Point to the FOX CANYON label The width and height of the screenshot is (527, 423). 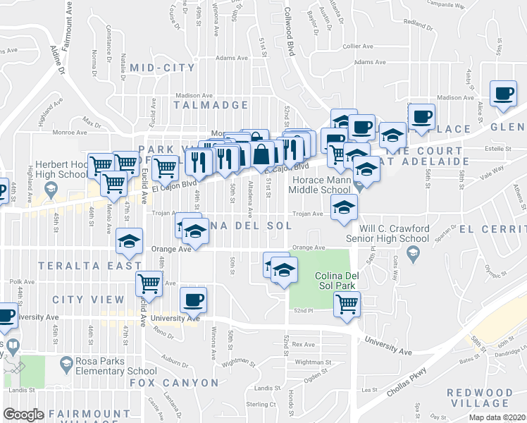click(174, 383)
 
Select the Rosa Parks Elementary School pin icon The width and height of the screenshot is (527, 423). click(66, 364)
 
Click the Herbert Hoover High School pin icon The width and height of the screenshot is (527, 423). click(50, 189)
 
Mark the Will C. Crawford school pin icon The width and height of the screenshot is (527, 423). click(414, 252)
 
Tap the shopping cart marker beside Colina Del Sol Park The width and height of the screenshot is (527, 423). click(347, 303)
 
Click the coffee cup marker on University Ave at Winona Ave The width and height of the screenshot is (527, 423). click(193, 300)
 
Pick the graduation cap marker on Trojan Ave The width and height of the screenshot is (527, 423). click(344, 207)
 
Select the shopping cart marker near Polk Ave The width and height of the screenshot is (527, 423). click(149, 284)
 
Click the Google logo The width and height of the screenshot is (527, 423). click(23, 415)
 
